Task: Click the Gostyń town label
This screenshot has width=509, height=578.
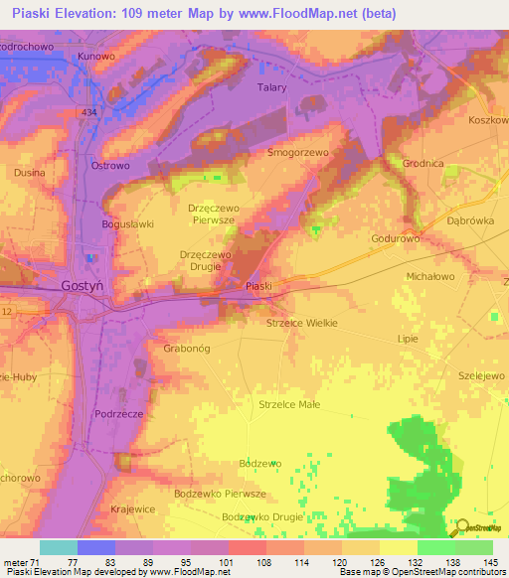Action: point(83,284)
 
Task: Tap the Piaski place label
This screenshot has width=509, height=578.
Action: point(258,286)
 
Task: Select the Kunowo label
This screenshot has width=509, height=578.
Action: point(96,57)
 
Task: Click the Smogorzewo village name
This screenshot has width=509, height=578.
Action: point(298,154)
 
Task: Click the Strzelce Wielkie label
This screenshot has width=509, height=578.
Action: point(303,323)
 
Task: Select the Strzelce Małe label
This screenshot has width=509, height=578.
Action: point(289,404)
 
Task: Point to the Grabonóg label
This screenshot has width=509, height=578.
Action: point(184,349)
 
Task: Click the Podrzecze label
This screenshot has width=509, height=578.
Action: point(118,413)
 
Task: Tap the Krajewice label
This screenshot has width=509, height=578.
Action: point(132,508)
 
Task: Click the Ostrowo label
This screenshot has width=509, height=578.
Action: point(110,166)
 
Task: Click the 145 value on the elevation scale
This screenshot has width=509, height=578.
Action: point(491,561)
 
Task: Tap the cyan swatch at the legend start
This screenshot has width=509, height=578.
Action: point(58,547)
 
